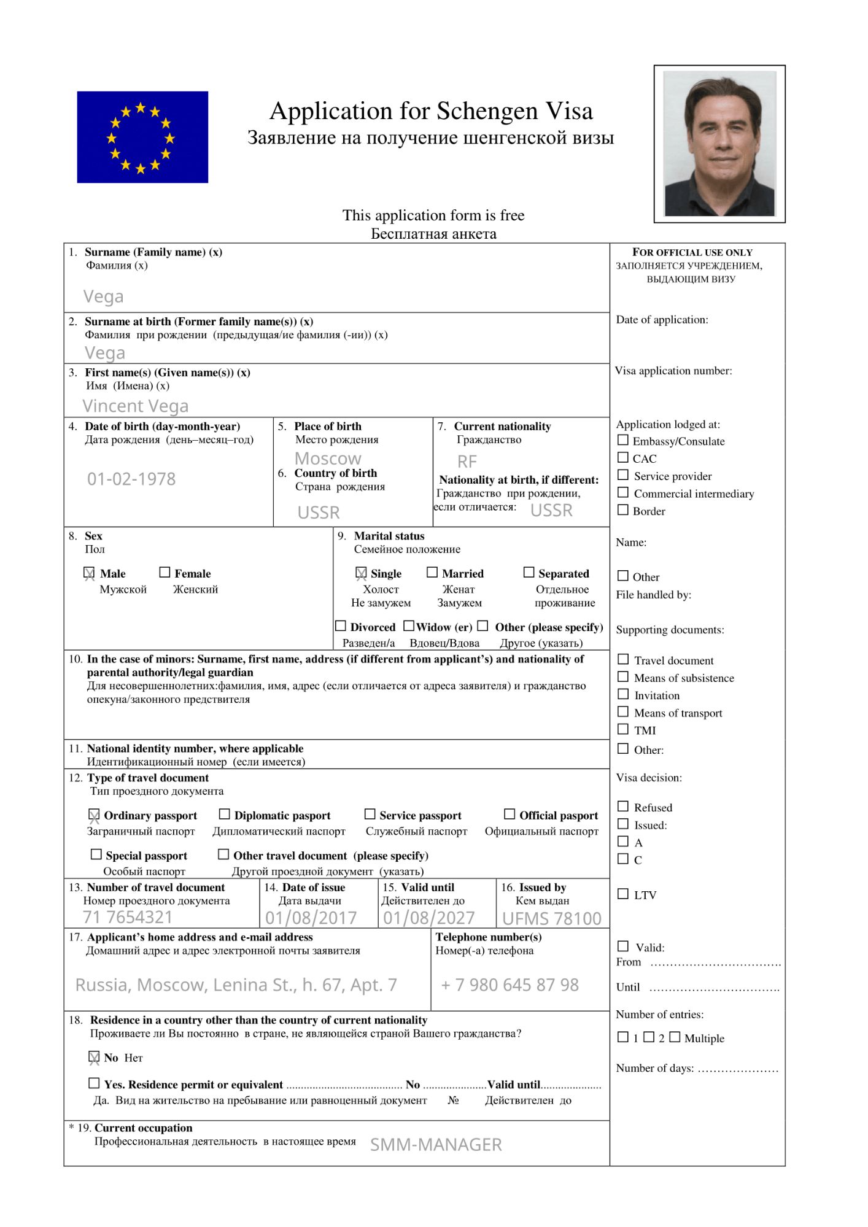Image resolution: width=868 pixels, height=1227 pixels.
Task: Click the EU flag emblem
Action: coord(142,137)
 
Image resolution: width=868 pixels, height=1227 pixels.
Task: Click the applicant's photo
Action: coord(719,144)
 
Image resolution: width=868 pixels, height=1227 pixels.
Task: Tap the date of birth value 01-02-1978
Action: coord(131,479)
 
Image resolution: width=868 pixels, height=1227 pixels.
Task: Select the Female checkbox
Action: coord(165,573)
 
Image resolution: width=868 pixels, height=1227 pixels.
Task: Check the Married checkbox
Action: coord(432,573)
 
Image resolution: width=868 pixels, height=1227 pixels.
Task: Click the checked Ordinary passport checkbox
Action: coord(94,815)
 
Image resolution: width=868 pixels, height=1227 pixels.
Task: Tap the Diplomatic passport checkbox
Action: coord(225,815)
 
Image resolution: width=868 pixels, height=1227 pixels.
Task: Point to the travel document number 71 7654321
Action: coord(128,917)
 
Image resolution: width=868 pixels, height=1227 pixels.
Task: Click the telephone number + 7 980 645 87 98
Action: coord(510,985)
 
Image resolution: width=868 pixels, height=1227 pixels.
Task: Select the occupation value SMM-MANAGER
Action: coord(436,1145)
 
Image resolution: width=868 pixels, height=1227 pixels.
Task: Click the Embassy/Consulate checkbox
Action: coord(623,440)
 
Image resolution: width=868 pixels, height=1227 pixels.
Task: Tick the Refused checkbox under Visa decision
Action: coord(623,807)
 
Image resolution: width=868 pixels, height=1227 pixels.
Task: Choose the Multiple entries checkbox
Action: coord(675,1037)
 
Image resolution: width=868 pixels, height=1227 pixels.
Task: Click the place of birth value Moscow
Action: coord(328,459)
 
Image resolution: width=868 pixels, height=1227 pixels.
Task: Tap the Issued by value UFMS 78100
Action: coord(552,918)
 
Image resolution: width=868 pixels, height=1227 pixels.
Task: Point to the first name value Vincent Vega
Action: coord(136,406)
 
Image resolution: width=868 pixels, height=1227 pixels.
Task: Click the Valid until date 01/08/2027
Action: coord(429,918)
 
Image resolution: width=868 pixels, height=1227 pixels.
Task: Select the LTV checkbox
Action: coord(623,894)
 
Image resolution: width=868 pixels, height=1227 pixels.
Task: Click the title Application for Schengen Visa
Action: coord(431,111)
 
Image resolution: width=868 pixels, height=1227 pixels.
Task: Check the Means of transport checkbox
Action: coord(623,712)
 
